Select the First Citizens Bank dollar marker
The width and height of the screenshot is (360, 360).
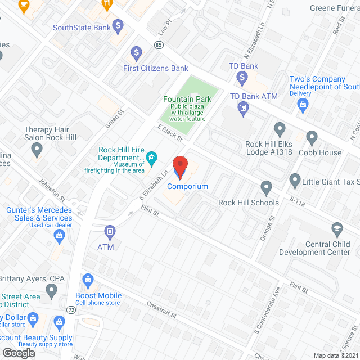(x=136, y=53)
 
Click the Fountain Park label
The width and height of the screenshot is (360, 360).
(x=187, y=100)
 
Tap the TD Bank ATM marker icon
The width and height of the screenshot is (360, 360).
(x=244, y=109)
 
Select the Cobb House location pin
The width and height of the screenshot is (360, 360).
(x=312, y=137)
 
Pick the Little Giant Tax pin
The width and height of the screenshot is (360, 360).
(x=295, y=181)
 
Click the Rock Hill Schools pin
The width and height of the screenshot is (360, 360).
(x=267, y=187)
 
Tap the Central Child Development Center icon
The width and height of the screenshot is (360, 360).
(x=336, y=229)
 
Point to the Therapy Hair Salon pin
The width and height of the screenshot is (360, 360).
(x=37, y=150)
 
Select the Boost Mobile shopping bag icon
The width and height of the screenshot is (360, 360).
(x=87, y=280)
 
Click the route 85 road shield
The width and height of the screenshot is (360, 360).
(x=159, y=44)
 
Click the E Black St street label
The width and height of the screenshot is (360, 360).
(x=171, y=133)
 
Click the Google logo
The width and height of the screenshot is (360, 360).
(x=19, y=353)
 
